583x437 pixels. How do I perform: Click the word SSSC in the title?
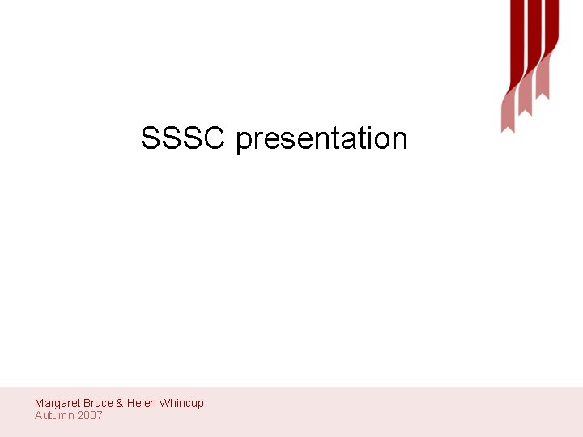(x=183, y=138)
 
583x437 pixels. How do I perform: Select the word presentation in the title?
(x=321, y=139)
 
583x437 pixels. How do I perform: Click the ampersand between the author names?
(x=120, y=403)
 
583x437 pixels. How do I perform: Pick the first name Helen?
(x=142, y=403)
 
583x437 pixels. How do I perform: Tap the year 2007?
(x=90, y=415)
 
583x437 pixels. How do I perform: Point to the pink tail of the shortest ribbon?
(x=542, y=80)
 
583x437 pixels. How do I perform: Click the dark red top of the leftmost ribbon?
(x=517, y=32)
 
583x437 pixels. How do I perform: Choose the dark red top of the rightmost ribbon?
(x=551, y=20)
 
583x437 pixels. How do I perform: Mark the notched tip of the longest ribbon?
(x=508, y=127)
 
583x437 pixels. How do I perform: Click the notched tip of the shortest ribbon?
(x=543, y=95)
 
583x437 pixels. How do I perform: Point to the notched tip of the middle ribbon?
(x=525, y=111)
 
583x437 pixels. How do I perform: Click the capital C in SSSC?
(x=212, y=138)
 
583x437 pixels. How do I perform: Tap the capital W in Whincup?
(x=164, y=403)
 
